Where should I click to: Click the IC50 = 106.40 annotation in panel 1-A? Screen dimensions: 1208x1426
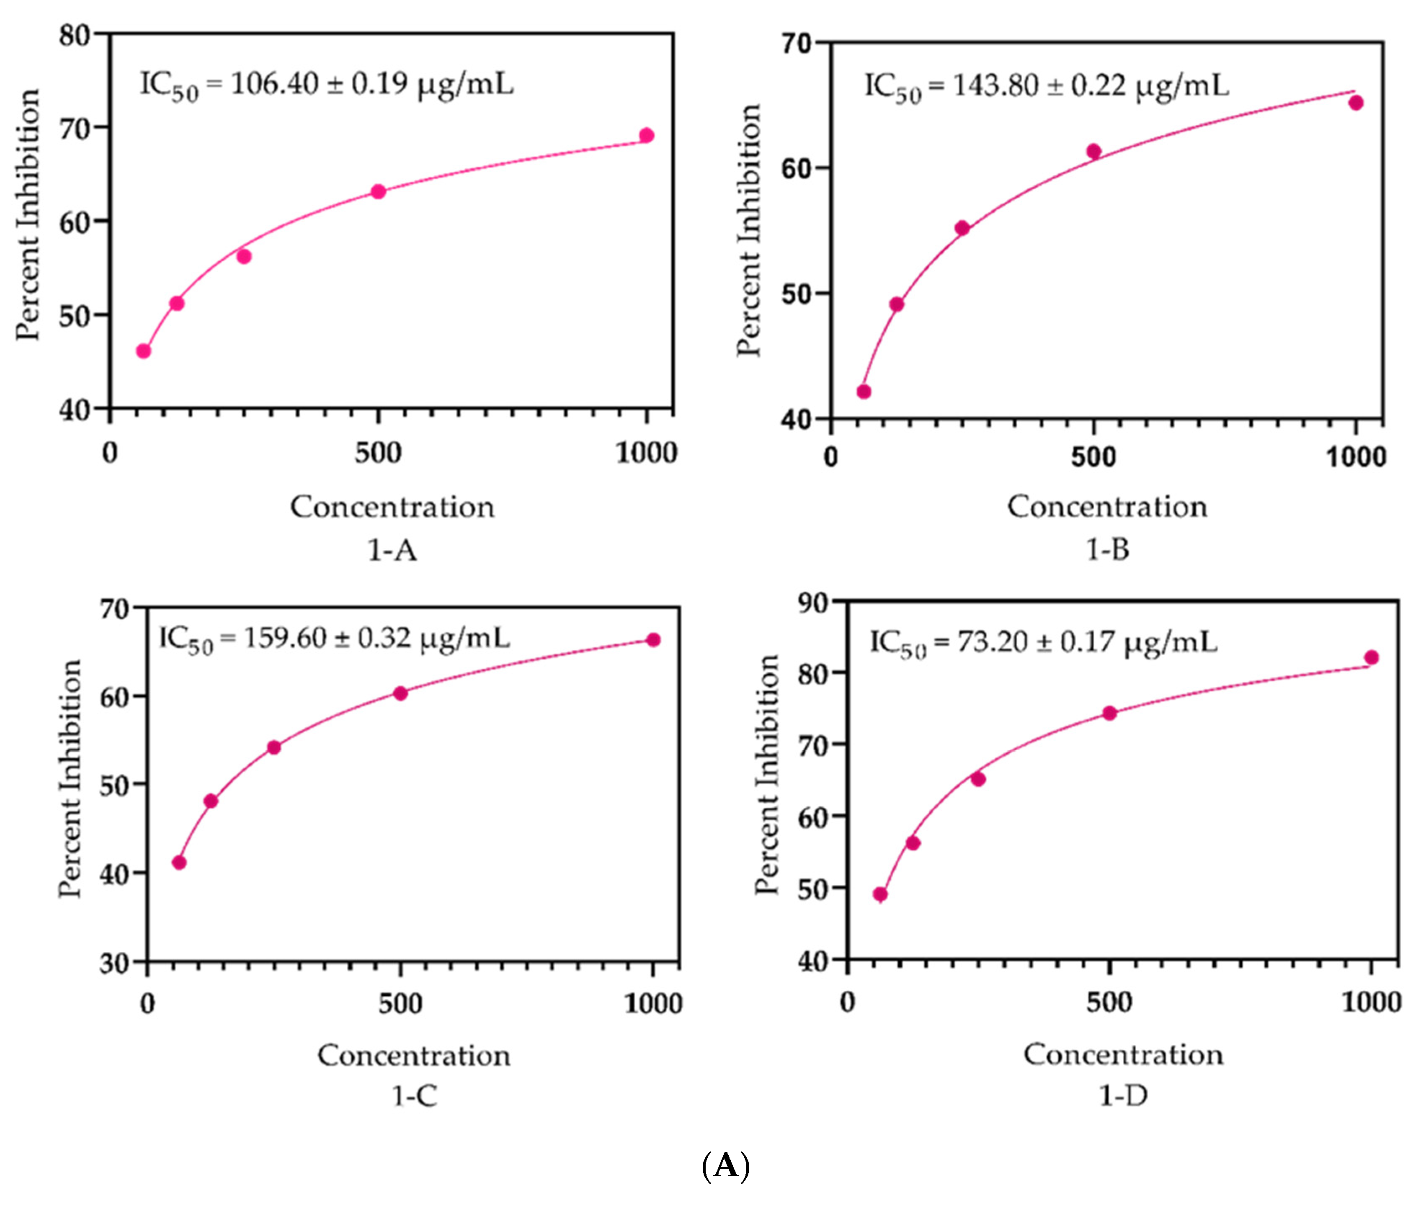pos(327,85)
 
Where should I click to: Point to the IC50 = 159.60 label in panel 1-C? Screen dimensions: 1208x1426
pos(334,639)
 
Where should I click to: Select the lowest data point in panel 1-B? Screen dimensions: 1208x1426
pos(864,392)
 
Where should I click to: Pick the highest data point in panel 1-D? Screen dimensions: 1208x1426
pos(1371,657)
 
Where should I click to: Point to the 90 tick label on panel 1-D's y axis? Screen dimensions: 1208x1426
pos(812,603)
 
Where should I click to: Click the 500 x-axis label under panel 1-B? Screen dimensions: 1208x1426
pos(1093,457)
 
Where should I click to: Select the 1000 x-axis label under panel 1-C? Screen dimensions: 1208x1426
pos(653,1004)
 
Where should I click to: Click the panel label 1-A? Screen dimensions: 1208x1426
pos(392,550)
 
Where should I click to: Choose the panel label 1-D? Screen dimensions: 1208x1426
pos(1123,1096)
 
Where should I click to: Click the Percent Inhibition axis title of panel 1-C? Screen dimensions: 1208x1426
pos(70,779)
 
